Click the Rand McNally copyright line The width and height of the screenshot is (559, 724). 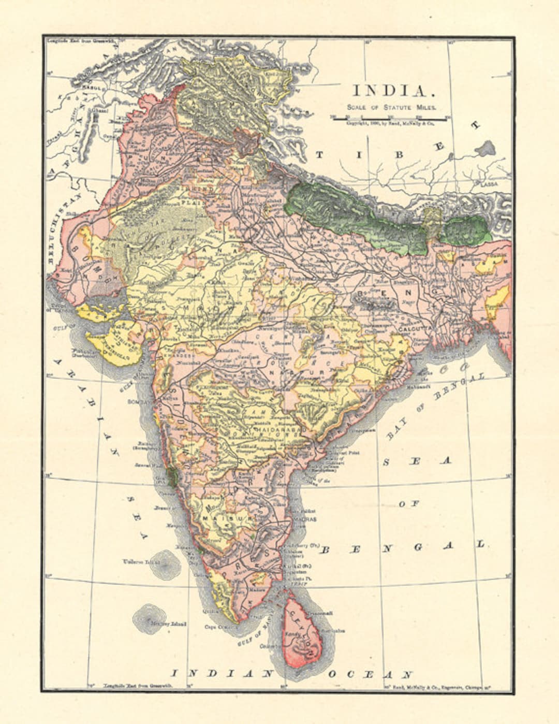click(x=391, y=124)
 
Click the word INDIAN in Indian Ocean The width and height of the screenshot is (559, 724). click(x=223, y=674)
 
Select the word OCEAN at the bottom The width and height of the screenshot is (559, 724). click(x=370, y=674)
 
